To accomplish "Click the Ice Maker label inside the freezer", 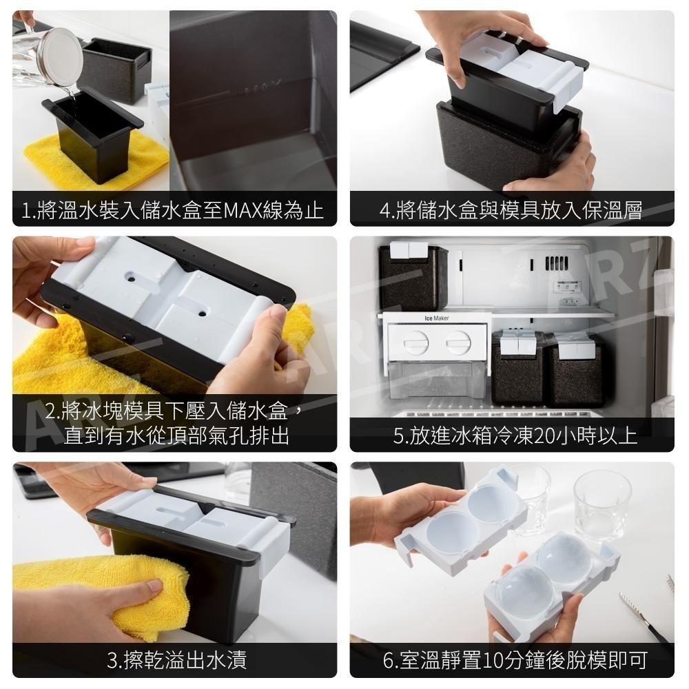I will point(435,318).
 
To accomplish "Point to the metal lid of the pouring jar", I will point(61,56).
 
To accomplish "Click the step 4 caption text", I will point(511,210).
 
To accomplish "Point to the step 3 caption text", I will point(176,661).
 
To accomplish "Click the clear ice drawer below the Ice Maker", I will point(435,379).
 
